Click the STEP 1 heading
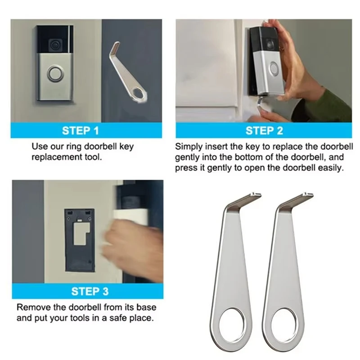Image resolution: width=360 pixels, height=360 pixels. [x=80, y=131]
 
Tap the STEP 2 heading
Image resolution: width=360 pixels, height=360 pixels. [x=264, y=131]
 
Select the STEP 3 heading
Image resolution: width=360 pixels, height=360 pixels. [x=90, y=292]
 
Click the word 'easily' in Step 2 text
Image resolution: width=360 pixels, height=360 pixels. [x=331, y=168]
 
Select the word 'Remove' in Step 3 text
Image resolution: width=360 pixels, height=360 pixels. [x=31, y=308]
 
